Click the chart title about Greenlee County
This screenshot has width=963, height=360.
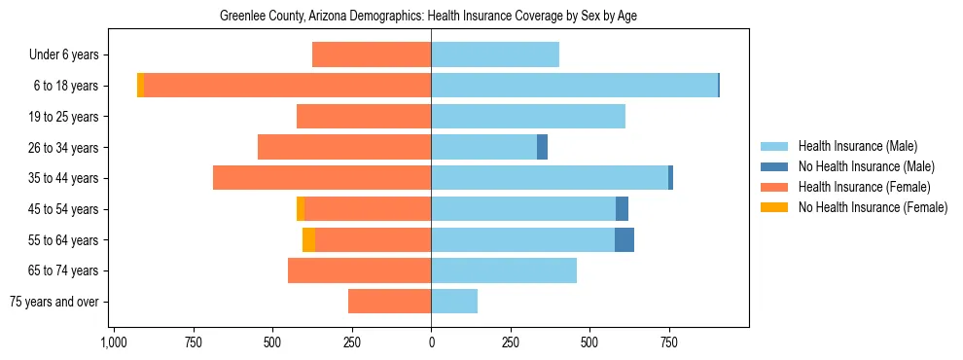(428, 17)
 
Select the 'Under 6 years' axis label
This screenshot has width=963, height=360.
(70, 55)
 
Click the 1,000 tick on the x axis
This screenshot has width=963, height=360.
(113, 342)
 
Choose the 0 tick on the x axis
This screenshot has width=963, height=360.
(431, 342)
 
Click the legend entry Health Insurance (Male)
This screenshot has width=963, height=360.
(857, 147)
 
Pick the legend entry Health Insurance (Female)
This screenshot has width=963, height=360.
(864, 187)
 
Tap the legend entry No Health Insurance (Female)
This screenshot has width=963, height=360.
(873, 207)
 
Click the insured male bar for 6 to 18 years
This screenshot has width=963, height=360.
(574, 86)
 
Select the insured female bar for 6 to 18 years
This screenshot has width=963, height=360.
(288, 86)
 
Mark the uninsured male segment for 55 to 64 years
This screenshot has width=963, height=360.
(624, 239)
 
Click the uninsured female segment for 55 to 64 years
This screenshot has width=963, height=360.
(308, 239)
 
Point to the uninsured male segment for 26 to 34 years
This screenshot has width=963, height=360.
(542, 147)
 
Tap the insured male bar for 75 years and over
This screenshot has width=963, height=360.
(454, 302)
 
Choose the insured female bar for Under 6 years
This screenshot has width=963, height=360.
(372, 55)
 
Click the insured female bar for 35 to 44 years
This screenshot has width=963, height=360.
(322, 178)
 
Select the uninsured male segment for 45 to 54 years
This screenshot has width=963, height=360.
(623, 209)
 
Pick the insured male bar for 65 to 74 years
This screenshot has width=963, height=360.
(504, 270)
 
